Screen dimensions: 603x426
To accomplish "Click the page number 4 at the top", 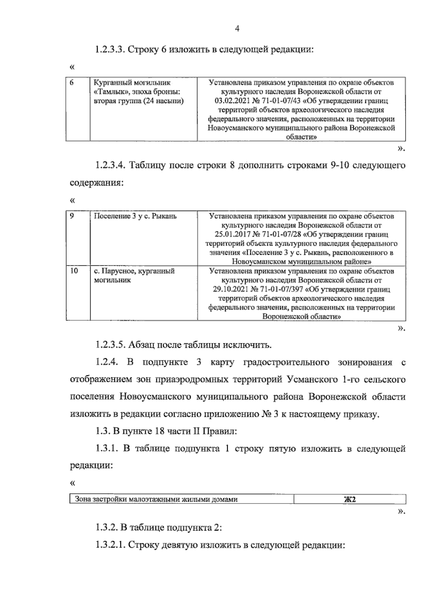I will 237,29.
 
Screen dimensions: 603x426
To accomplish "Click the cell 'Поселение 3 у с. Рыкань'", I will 135,216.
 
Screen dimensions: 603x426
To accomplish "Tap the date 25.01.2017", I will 232,235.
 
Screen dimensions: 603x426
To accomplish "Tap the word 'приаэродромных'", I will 192,379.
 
